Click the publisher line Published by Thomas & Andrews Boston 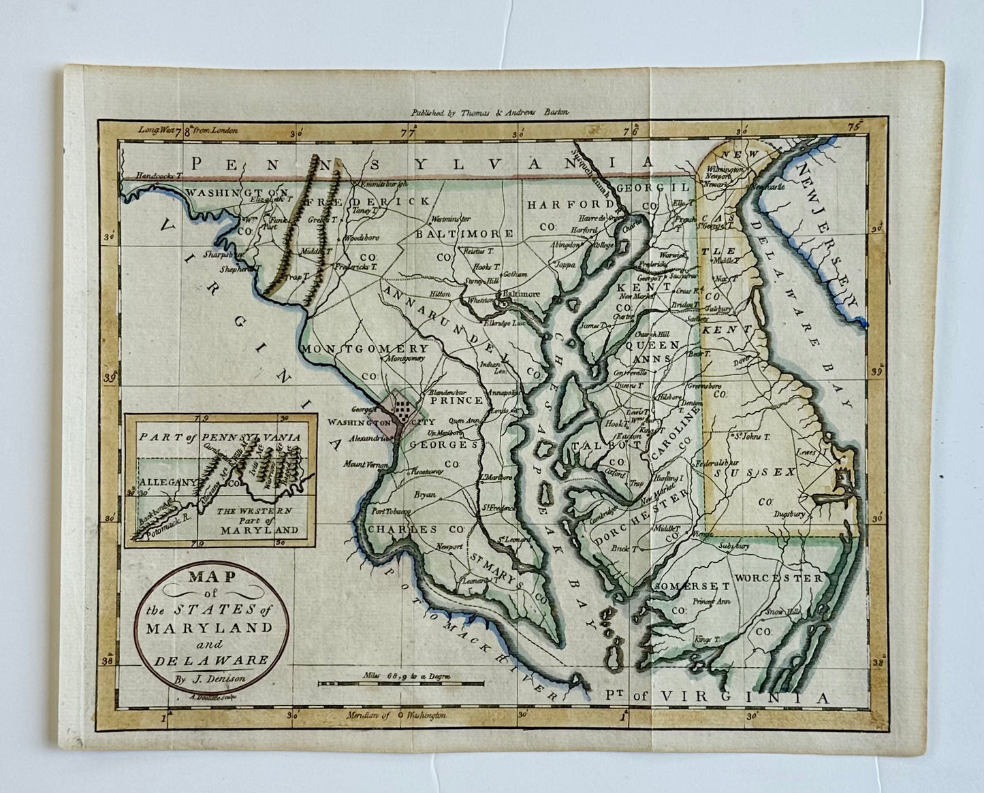(x=490, y=114)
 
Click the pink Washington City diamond (x=398, y=413)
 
